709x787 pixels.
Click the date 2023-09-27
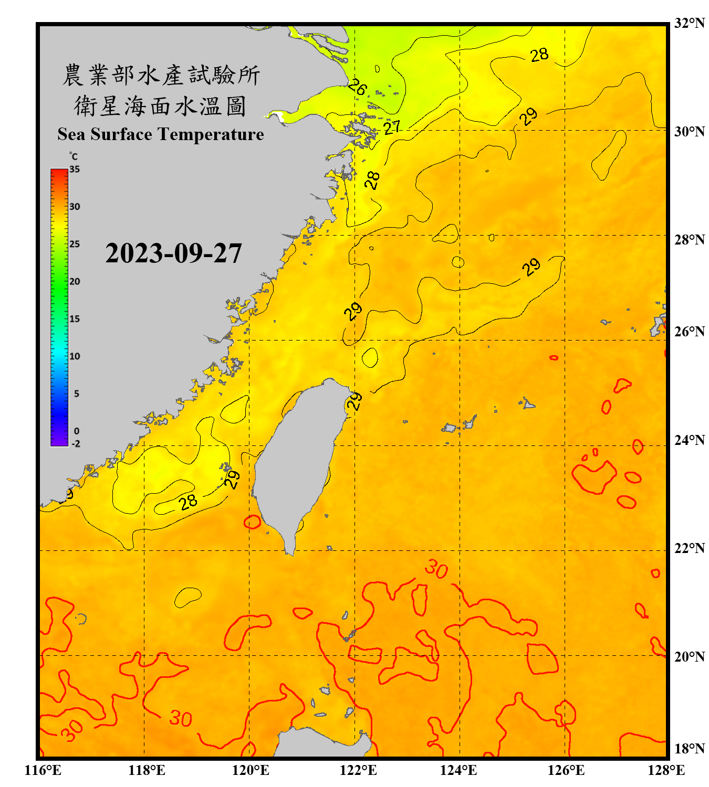coord(173,253)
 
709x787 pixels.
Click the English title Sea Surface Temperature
coord(161,134)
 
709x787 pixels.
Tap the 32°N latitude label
coord(689,23)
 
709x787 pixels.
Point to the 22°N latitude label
coord(689,548)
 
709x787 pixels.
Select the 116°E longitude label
coord(43,770)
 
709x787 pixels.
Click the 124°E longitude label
coord(458,770)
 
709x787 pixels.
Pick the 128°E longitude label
coord(666,770)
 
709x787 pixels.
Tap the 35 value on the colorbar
coord(75,169)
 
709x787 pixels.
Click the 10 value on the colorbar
coord(75,356)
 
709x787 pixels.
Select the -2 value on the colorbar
coord(76,443)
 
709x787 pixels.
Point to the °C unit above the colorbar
coord(74,156)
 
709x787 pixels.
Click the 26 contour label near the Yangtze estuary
coord(357,87)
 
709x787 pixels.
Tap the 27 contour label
coord(392,127)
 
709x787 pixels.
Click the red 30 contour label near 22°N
coord(436,569)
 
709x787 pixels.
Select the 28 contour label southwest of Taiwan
coord(188,502)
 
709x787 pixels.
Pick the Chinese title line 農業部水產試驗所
coord(161,75)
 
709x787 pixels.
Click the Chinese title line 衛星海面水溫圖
coord(161,106)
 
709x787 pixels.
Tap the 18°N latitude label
coord(689,749)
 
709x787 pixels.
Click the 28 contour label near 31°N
coord(539,55)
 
